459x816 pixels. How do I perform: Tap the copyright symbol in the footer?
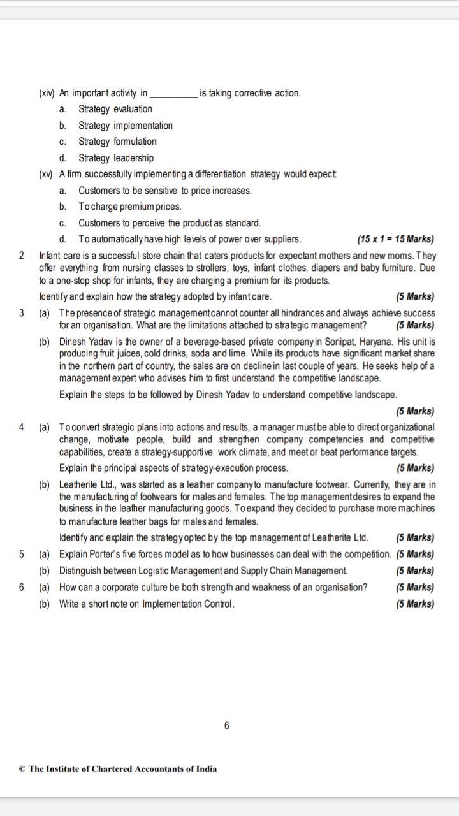[x=23, y=769]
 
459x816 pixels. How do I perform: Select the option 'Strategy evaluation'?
[x=115, y=109]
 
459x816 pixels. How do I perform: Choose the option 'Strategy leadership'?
[x=116, y=157]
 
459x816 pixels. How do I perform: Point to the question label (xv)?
[x=47, y=174]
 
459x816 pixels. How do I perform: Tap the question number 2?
[x=23, y=256]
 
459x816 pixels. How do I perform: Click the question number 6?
[x=23, y=587]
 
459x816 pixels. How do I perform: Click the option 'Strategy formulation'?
[x=117, y=142]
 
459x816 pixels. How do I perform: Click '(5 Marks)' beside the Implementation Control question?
[x=415, y=604]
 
